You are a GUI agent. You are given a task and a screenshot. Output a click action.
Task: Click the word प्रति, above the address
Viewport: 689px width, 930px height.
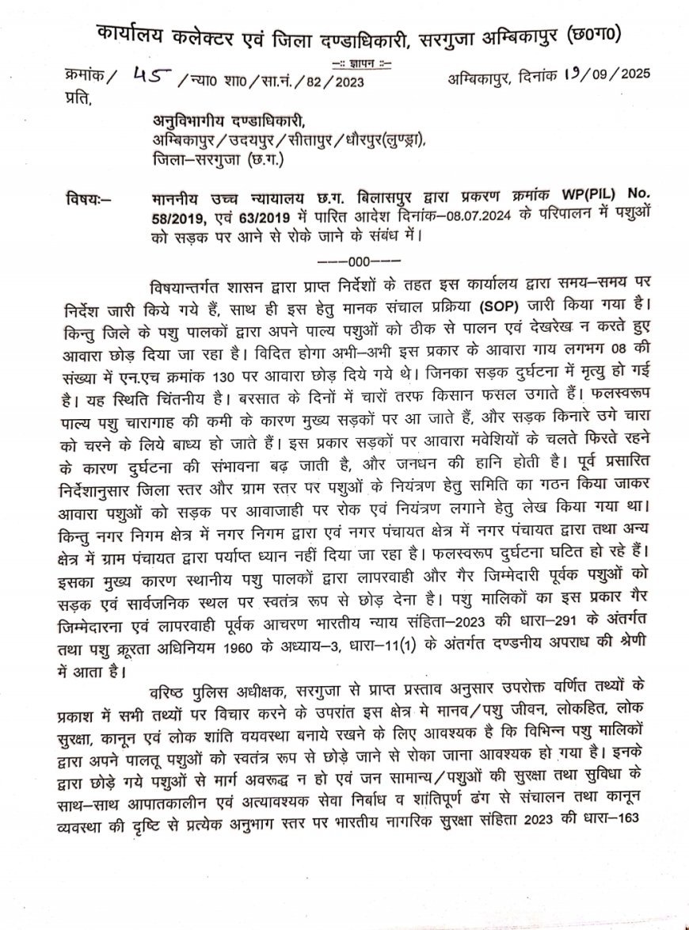pyautogui.click(x=79, y=97)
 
